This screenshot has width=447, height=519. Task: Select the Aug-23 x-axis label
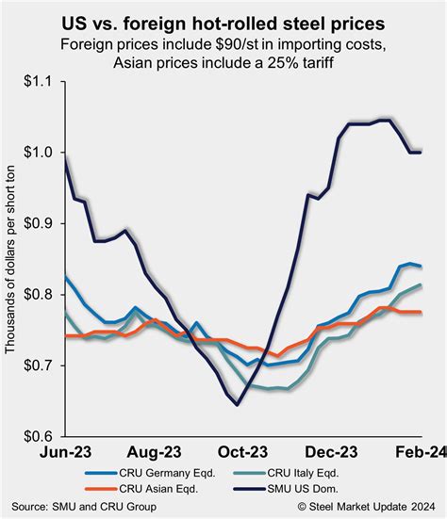[x=156, y=451]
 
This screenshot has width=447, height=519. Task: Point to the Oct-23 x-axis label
[x=243, y=451]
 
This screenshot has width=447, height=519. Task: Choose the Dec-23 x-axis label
[x=330, y=451]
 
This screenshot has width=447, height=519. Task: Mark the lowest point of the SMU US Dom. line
[x=237, y=404]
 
